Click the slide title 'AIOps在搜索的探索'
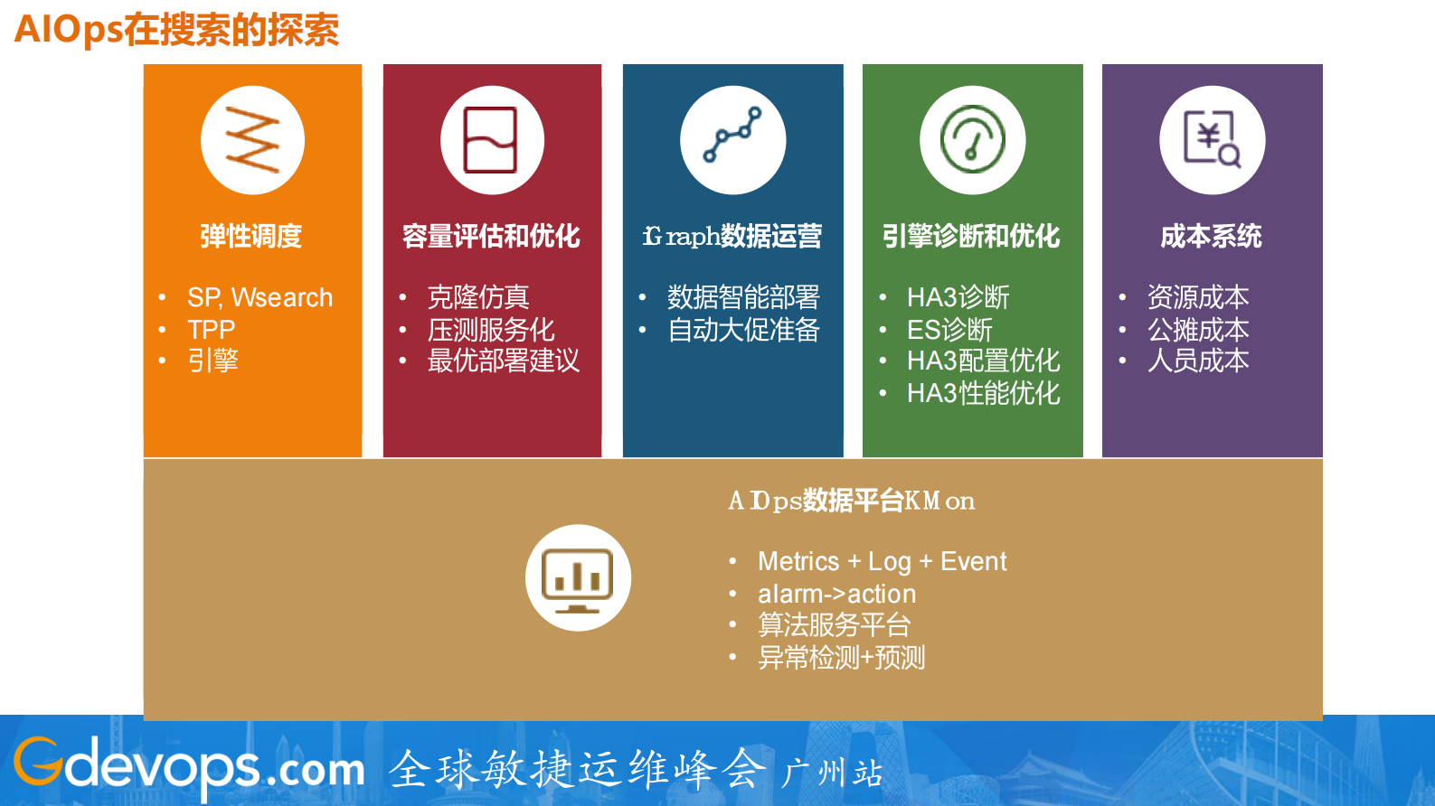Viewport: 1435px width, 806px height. point(176,30)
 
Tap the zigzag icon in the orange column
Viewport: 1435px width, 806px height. point(252,140)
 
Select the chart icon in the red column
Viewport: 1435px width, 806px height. point(492,140)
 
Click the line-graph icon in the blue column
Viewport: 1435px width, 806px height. point(732,140)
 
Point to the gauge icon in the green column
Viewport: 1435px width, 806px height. point(972,140)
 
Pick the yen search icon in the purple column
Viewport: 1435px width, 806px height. point(1212,140)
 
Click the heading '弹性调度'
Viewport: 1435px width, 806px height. point(251,237)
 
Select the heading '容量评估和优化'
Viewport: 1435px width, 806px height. point(491,237)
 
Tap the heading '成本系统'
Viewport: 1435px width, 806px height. point(1211,237)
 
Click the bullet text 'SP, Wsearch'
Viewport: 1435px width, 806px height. point(260,297)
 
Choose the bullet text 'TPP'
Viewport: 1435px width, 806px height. point(211,329)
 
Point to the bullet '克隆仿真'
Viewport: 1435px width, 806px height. point(477,297)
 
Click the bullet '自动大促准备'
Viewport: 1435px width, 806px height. point(743,330)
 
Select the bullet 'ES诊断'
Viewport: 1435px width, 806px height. point(949,330)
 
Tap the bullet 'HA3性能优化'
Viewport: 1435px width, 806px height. point(983,393)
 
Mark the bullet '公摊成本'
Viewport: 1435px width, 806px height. point(1198,330)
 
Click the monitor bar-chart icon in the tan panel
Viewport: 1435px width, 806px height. point(578,578)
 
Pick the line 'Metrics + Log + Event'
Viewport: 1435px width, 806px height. point(882,562)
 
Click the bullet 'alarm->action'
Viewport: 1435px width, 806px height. point(836,594)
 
